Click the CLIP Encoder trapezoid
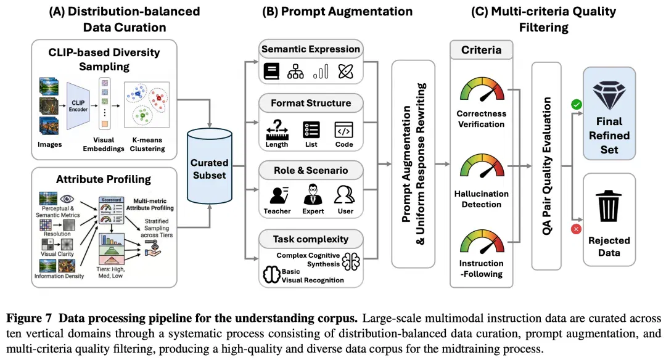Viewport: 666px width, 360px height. click(78, 106)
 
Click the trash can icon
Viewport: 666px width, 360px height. click(609, 206)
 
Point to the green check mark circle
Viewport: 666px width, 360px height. click(577, 104)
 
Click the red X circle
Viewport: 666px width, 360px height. click(576, 229)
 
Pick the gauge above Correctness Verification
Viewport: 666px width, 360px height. click(482, 89)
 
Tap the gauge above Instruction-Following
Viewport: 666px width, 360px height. click(482, 242)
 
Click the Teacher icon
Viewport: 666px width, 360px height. click(279, 195)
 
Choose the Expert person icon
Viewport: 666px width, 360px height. click(313, 194)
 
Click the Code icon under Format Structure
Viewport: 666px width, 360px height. click(343, 130)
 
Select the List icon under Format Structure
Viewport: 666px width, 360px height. click(311, 130)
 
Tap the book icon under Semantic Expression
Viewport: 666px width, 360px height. click(271, 72)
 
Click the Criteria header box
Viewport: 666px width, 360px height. click(481, 50)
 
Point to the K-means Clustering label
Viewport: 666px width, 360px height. click(147, 144)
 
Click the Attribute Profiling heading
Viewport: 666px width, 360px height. click(104, 179)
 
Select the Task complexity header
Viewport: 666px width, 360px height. click(311, 239)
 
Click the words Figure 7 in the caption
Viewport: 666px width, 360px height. click(29, 318)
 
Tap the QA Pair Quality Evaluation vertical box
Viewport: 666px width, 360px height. click(546, 166)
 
